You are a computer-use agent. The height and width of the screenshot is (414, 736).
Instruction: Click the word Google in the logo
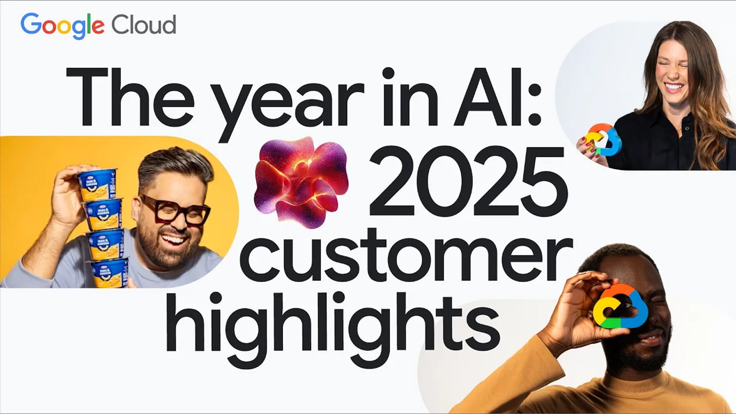(62, 25)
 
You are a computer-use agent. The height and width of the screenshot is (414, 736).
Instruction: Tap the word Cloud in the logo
(144, 25)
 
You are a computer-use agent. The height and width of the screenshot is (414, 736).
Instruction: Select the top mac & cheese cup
(98, 184)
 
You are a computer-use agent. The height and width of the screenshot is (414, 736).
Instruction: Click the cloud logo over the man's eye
(621, 306)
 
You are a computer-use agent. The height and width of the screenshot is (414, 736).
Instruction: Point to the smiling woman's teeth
(673, 86)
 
